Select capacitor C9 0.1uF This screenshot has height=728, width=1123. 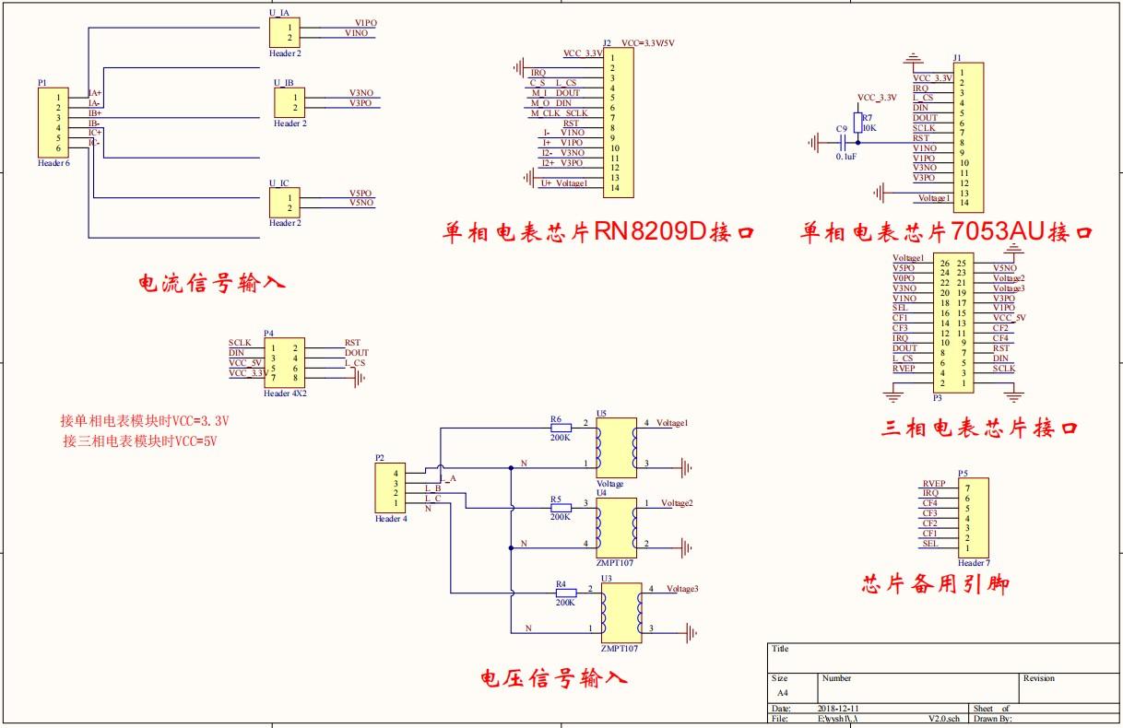(x=840, y=143)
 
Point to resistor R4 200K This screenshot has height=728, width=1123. (x=564, y=593)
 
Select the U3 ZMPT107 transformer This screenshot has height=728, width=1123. (x=618, y=613)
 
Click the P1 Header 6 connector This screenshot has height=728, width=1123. (x=51, y=123)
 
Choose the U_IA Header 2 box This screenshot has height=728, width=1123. (x=284, y=32)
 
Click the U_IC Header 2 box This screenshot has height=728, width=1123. (x=284, y=202)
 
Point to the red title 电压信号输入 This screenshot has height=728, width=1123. (x=554, y=680)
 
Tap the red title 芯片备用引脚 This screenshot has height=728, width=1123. (x=936, y=584)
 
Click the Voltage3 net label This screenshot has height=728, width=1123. (x=682, y=589)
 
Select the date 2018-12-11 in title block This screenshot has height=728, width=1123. (x=838, y=708)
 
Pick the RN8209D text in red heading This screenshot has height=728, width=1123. (x=649, y=231)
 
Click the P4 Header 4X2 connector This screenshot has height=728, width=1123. (x=285, y=362)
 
